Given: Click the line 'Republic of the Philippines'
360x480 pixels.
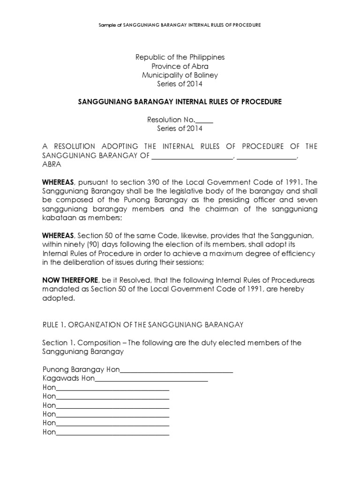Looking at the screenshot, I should [180, 57].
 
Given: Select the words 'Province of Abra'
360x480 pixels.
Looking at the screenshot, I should [180, 66].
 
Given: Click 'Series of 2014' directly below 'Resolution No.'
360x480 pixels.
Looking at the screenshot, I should [180, 129].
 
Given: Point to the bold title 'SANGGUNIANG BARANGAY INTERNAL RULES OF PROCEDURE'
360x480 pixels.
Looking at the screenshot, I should [180, 102].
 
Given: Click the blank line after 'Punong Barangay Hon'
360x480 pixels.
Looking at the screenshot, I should [177, 370].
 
